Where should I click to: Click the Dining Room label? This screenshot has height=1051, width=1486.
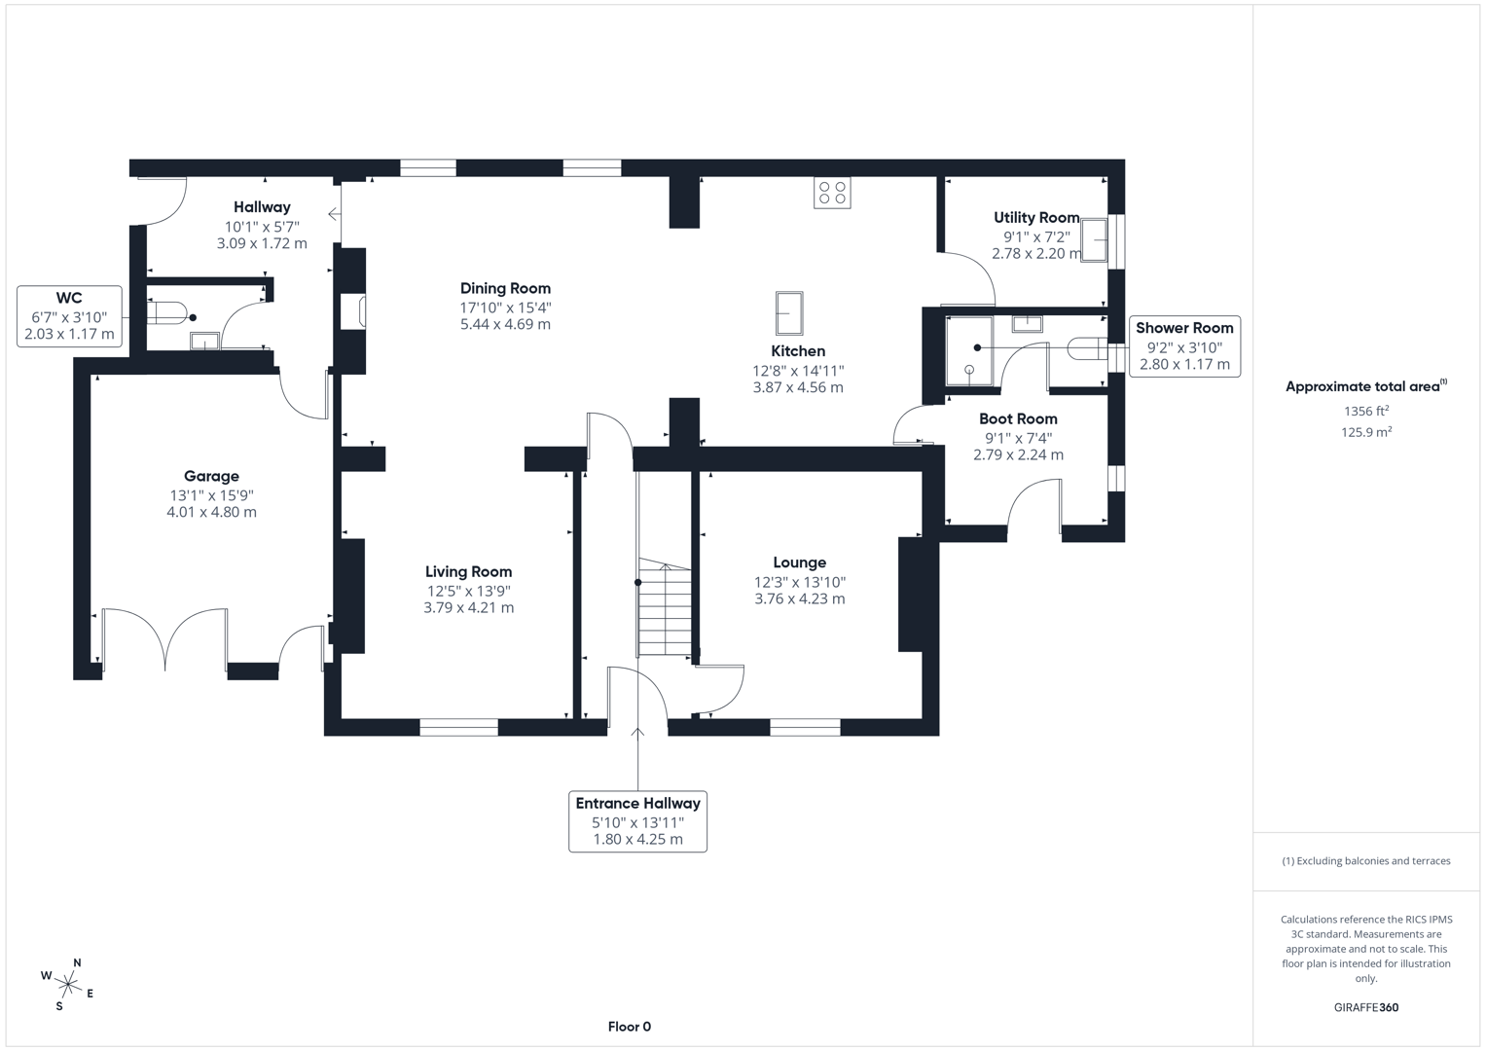[x=505, y=288]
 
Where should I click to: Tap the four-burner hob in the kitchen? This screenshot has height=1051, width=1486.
[x=832, y=193]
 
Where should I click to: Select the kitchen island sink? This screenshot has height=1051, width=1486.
[x=789, y=313]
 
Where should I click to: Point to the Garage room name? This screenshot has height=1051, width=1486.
[x=211, y=476]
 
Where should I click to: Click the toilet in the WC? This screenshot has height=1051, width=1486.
[x=167, y=313]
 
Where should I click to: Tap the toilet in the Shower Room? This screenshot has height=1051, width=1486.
[x=1086, y=347]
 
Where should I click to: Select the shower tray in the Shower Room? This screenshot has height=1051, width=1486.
[x=969, y=350]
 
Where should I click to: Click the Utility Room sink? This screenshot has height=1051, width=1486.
[x=1094, y=240]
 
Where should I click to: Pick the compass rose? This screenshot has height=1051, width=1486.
[x=68, y=985]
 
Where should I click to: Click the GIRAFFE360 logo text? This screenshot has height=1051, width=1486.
[x=1365, y=1007]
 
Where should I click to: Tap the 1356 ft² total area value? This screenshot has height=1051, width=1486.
[x=1365, y=412]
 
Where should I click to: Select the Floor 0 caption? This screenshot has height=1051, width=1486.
[x=629, y=1027]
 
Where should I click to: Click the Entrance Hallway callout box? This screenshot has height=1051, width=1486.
[x=637, y=821]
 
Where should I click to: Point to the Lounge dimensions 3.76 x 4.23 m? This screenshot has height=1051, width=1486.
[x=800, y=598]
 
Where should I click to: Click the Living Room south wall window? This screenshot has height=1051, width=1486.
[x=458, y=726]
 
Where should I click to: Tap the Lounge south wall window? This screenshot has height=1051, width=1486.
[x=805, y=726]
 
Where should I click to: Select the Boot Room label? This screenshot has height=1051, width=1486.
[x=1018, y=418]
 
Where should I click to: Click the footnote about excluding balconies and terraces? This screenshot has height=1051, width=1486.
[x=1365, y=861]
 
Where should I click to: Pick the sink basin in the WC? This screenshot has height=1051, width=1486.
[x=204, y=341]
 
